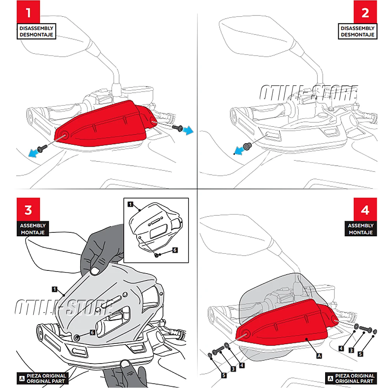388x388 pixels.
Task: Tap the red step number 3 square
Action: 28,210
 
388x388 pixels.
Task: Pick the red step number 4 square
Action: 365,210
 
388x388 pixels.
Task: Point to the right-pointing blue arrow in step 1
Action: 188,130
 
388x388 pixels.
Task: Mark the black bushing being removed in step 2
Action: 246,145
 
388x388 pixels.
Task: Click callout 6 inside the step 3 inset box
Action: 175,250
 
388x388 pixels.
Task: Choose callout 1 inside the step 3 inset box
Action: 130,204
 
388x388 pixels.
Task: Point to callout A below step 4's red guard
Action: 319,355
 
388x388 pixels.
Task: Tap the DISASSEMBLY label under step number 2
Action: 357,31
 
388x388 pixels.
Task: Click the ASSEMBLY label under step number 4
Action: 360,229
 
